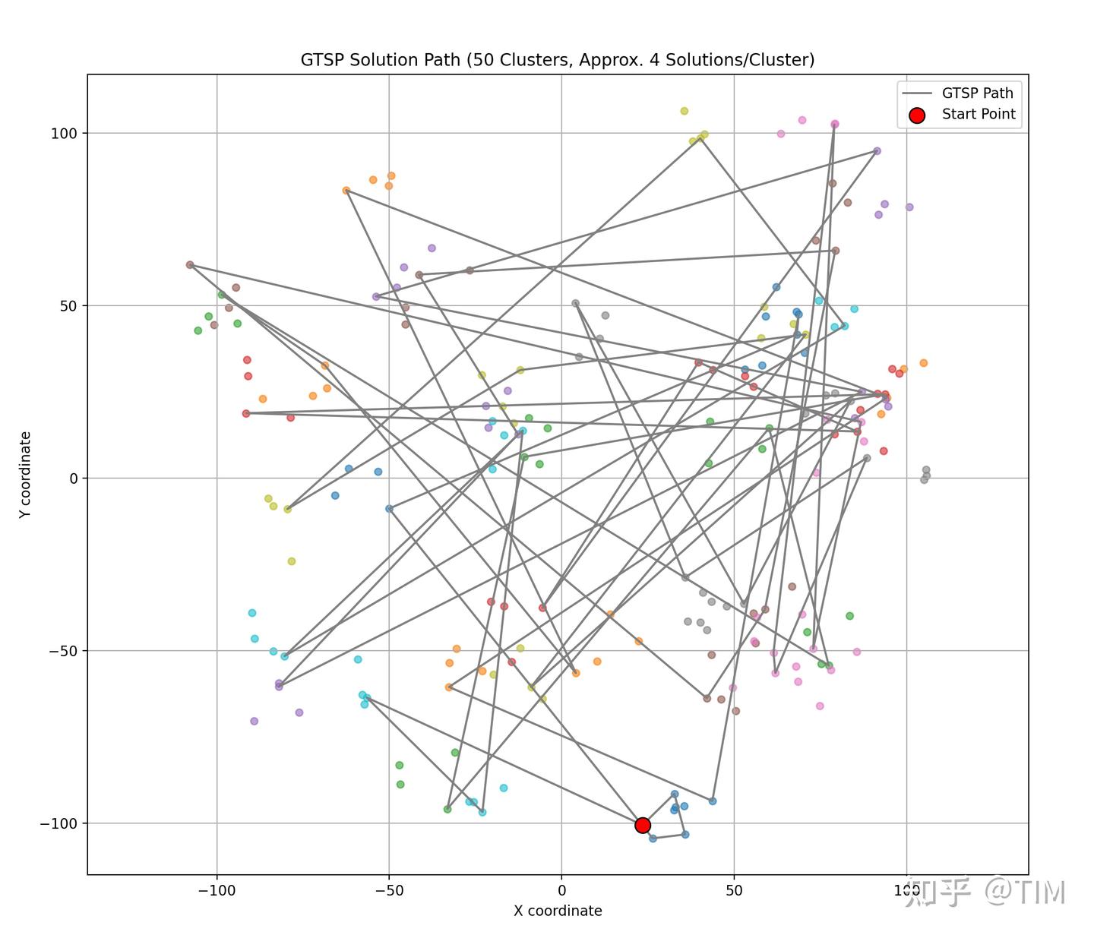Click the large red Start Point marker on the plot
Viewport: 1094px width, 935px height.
pos(643,825)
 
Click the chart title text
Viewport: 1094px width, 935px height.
pos(558,60)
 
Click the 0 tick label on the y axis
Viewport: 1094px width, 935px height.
pos(73,479)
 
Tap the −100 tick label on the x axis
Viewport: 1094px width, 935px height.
pos(217,890)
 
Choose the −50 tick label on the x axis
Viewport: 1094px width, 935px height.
pos(389,890)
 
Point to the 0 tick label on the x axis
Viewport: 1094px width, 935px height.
pos(561,890)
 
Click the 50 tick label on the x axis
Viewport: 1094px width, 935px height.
pos(734,890)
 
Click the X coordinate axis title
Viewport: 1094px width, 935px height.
pos(558,911)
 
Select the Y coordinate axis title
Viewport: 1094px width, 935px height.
pos(26,475)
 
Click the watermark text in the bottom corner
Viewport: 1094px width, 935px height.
pos(989,892)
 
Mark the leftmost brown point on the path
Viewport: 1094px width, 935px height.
pos(190,265)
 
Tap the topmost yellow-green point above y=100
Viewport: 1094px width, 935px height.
pos(684,111)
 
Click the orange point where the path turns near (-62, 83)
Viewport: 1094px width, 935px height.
pos(346,191)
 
